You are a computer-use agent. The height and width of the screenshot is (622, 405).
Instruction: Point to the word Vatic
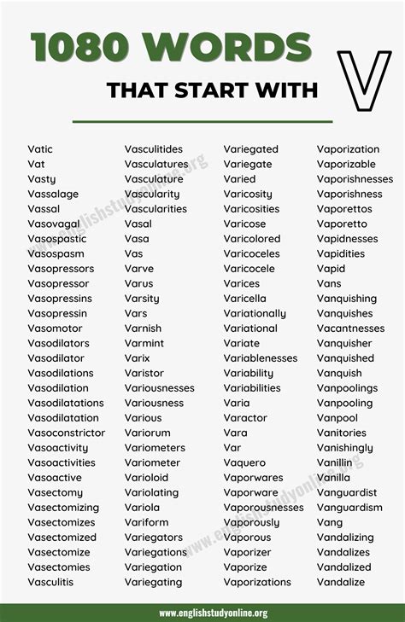(x=40, y=149)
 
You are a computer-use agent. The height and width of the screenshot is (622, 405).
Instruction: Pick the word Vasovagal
(x=54, y=224)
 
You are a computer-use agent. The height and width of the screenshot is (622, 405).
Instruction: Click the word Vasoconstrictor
(x=67, y=433)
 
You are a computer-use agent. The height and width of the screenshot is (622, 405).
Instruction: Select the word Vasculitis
(x=50, y=582)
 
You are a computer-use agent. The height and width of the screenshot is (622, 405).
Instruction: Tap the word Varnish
(x=143, y=328)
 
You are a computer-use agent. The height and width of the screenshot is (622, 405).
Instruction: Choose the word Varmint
(x=144, y=343)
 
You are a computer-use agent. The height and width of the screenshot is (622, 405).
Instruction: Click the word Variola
(x=142, y=508)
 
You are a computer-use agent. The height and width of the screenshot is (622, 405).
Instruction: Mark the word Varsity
(x=142, y=299)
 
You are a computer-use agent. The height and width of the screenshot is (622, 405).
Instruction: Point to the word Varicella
(x=245, y=299)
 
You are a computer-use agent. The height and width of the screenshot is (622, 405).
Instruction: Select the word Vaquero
(x=245, y=462)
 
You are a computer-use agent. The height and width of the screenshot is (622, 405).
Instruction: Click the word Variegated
(x=251, y=149)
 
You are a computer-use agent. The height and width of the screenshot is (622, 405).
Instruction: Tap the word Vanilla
(x=334, y=478)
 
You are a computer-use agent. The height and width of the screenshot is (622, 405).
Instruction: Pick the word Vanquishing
(x=347, y=299)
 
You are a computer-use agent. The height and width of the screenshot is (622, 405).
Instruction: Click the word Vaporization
(x=348, y=149)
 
